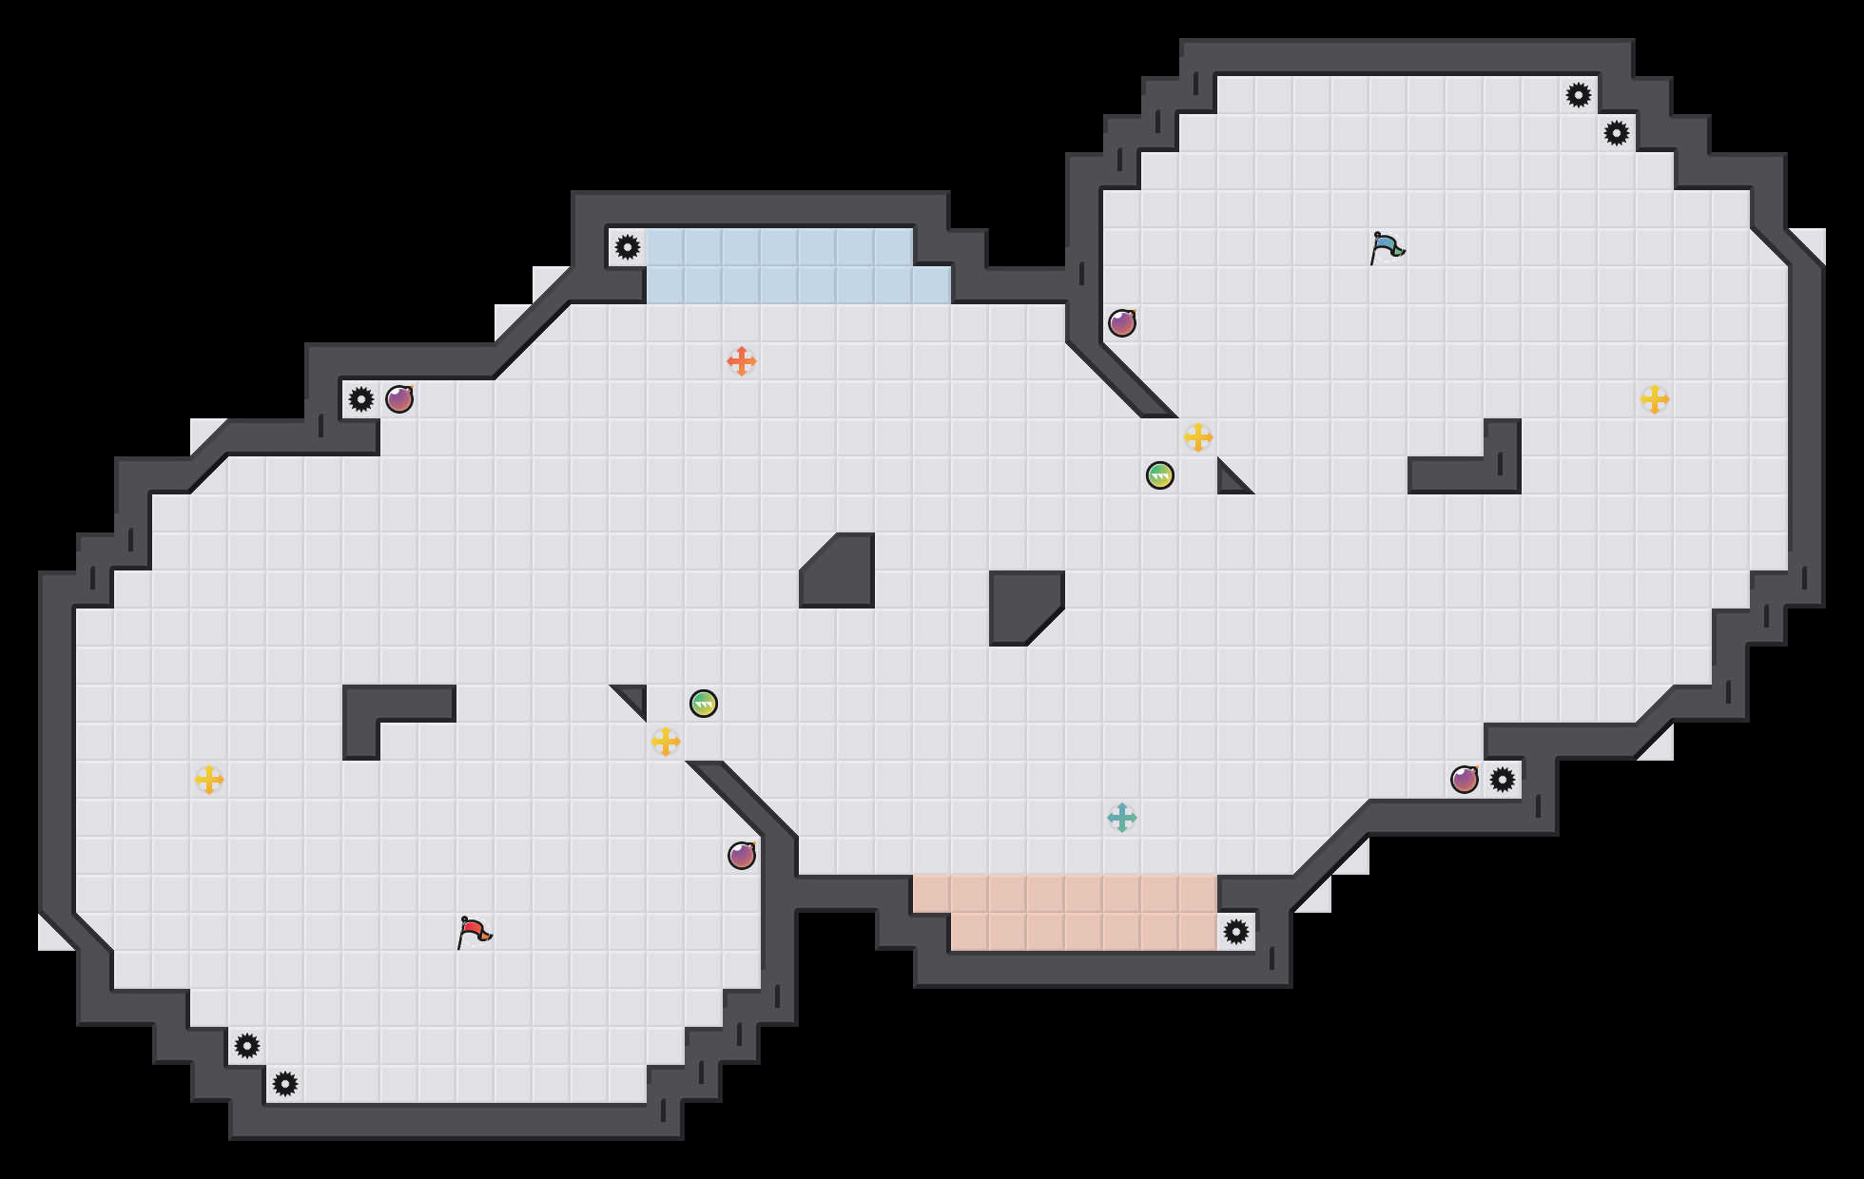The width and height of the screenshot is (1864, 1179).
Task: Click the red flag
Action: click(x=473, y=933)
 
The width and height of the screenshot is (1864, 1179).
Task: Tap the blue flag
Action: click(x=1386, y=247)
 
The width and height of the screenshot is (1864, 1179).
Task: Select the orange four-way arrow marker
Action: click(x=742, y=361)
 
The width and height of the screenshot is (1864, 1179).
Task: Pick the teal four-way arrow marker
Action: click(x=1122, y=818)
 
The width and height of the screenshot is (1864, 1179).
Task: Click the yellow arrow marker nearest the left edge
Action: click(x=209, y=780)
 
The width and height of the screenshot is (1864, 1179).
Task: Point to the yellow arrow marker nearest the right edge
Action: click(x=1655, y=399)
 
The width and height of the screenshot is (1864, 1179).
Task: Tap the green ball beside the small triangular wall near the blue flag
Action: click(x=1160, y=475)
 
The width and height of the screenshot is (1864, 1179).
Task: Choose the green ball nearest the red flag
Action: click(x=704, y=704)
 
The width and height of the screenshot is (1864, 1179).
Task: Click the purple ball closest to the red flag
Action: click(x=742, y=856)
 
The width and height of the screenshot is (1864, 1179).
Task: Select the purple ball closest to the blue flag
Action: click(x=1122, y=323)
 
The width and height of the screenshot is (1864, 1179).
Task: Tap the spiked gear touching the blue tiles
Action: click(x=628, y=247)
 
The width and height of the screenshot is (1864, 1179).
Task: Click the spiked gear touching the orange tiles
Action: click(x=1236, y=932)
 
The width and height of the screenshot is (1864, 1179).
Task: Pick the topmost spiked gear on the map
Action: click(x=1579, y=95)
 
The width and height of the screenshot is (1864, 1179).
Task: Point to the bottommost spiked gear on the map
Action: click(x=285, y=1084)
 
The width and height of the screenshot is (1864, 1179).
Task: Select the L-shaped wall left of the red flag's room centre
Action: click(x=380, y=708)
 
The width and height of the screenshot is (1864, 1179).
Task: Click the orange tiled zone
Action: click(x=1065, y=913)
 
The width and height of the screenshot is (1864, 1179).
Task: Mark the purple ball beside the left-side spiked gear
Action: click(x=399, y=399)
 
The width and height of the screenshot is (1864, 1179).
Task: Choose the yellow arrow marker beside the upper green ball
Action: click(x=1198, y=437)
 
